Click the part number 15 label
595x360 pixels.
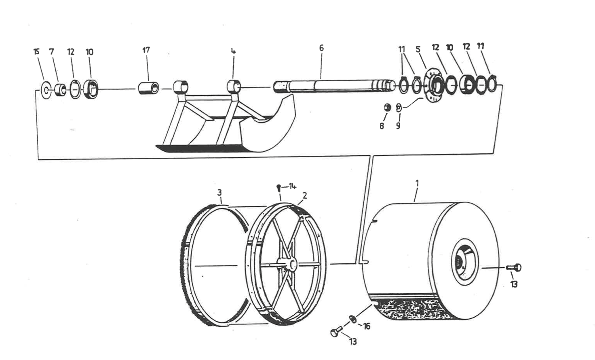(37, 51)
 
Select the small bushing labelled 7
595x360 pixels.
(60, 89)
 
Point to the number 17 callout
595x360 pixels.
(146, 50)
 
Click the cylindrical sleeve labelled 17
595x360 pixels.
(148, 88)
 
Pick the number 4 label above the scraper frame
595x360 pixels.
(233, 51)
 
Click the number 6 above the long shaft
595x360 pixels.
(321, 48)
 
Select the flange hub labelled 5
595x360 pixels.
(435, 85)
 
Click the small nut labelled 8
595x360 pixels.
(387, 108)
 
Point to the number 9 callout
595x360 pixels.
(398, 126)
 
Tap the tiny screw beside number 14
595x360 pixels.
(279, 187)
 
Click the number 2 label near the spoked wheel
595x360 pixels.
(305, 195)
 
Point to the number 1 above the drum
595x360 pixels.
(417, 183)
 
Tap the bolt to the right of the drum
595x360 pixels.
(514, 267)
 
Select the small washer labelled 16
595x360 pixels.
(353, 319)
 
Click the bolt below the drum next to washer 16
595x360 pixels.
(336, 331)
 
